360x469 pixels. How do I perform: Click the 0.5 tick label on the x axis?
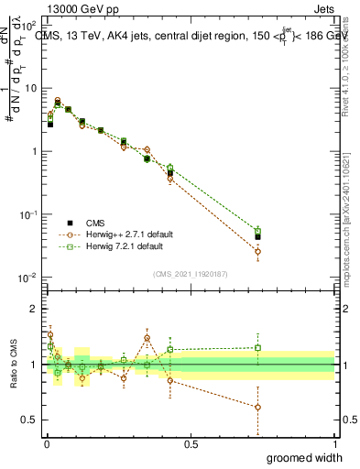[191, 443]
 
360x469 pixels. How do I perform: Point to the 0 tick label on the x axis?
[47, 443]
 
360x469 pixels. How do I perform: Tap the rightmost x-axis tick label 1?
[333, 443]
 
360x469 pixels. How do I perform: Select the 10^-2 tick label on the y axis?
[29, 278]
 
